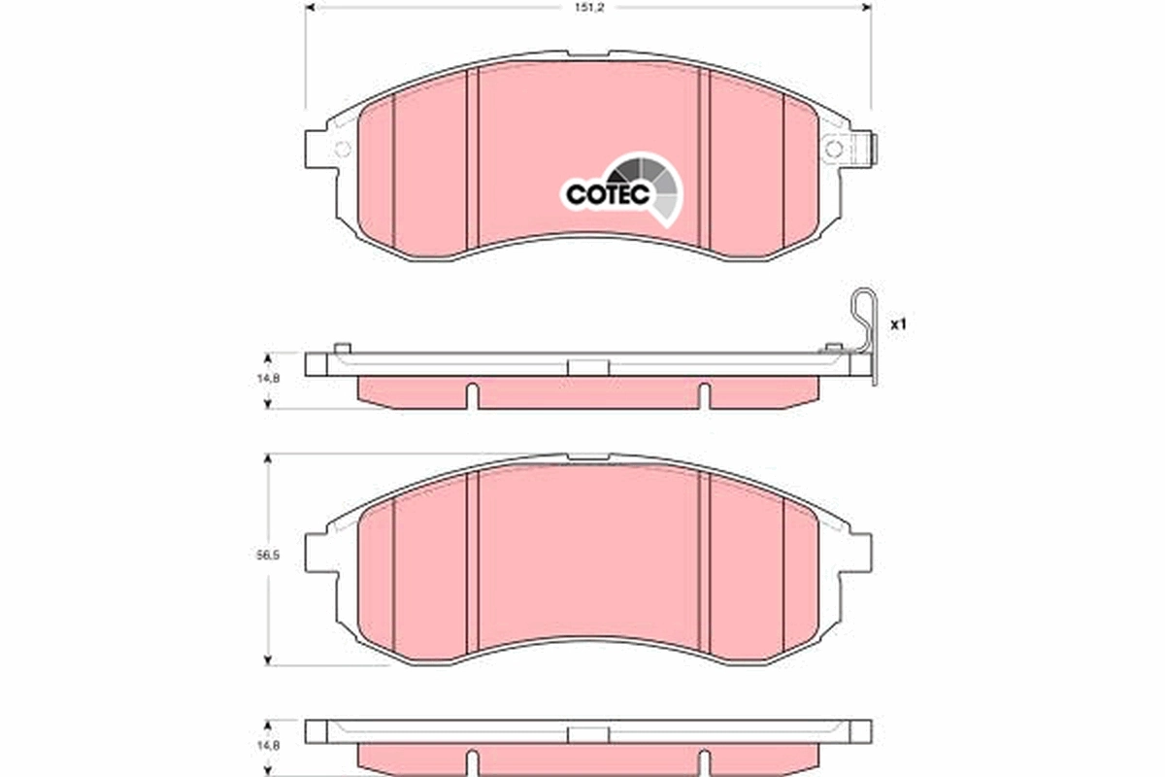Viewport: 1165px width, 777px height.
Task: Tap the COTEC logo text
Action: click(x=607, y=195)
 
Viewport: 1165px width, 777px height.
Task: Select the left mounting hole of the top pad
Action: click(x=341, y=149)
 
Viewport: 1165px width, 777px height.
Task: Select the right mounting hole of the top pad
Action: click(x=832, y=149)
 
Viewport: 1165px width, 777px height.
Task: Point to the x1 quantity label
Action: click(x=898, y=324)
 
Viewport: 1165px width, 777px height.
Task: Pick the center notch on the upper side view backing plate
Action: click(x=586, y=367)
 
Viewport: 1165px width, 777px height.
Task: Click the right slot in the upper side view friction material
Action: click(x=705, y=395)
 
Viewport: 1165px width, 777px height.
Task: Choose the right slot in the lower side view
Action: click(x=705, y=762)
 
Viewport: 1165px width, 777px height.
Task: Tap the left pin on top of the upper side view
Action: click(x=341, y=347)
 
